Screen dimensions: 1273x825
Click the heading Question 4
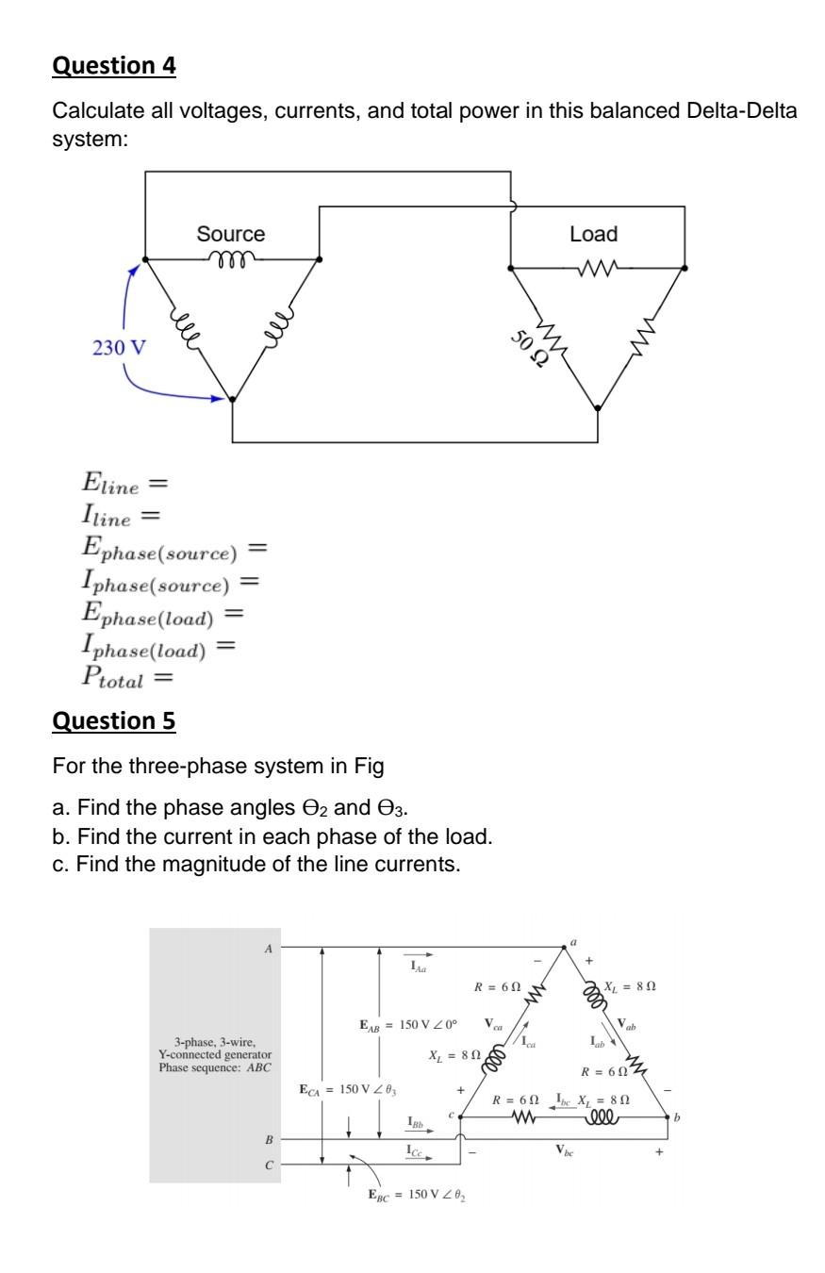pyautogui.click(x=114, y=66)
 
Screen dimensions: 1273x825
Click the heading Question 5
pyautogui.click(x=114, y=721)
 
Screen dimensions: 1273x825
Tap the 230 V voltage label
pyautogui.click(x=120, y=348)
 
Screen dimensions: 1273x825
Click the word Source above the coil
pyautogui.click(x=231, y=234)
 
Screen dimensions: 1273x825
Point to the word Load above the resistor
pyautogui.click(x=594, y=234)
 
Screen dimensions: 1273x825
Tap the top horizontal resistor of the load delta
pyautogui.click(x=598, y=268)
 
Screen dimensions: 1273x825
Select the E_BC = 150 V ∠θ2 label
pyautogui.click(x=417, y=1195)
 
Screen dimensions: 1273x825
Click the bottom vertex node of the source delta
pyautogui.click(x=233, y=400)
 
